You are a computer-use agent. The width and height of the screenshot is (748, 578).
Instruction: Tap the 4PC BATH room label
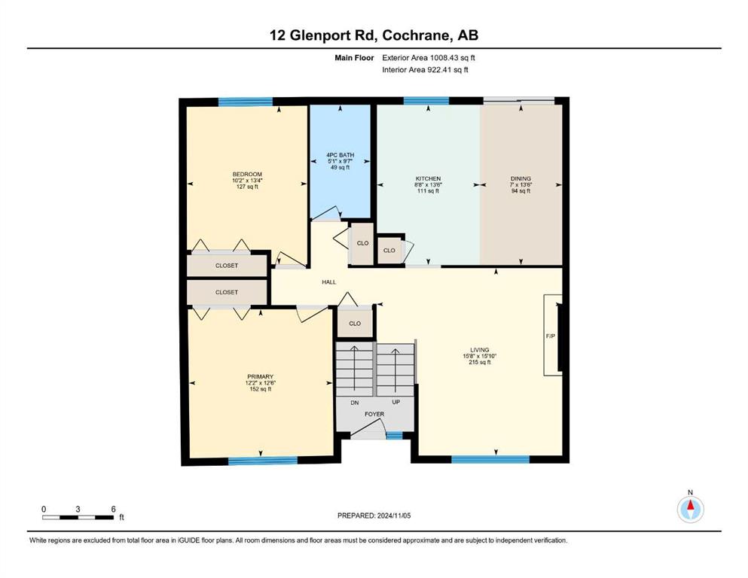(340, 155)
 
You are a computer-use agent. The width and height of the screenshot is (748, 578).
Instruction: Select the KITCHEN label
(428, 178)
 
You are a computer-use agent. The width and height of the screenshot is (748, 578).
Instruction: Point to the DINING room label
(521, 178)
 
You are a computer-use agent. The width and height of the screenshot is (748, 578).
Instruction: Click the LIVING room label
(479, 350)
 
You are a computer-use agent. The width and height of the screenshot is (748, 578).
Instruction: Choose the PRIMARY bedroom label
(260, 376)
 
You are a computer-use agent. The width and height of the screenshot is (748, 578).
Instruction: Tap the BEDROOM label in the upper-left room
(247, 175)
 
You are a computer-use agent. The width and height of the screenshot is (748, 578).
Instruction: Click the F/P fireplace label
(551, 336)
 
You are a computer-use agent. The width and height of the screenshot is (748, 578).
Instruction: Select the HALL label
(328, 282)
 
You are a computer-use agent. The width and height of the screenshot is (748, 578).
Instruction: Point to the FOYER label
(374, 414)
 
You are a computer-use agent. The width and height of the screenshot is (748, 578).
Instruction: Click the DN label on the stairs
(355, 403)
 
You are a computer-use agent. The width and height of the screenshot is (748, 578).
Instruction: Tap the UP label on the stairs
(396, 402)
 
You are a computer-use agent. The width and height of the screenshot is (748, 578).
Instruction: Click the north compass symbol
(690, 509)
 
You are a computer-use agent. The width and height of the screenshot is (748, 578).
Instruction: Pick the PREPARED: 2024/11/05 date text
(374, 516)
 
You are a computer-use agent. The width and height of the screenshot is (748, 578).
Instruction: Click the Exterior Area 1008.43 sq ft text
(429, 58)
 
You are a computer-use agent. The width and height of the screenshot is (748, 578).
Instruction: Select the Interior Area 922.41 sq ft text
(425, 69)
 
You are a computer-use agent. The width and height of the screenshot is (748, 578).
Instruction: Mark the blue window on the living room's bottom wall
(490, 460)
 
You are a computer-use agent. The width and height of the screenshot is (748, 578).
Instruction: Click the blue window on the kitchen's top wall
(426, 101)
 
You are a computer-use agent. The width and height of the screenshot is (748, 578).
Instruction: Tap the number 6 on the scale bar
(114, 509)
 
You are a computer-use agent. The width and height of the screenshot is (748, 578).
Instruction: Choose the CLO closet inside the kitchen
(389, 250)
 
